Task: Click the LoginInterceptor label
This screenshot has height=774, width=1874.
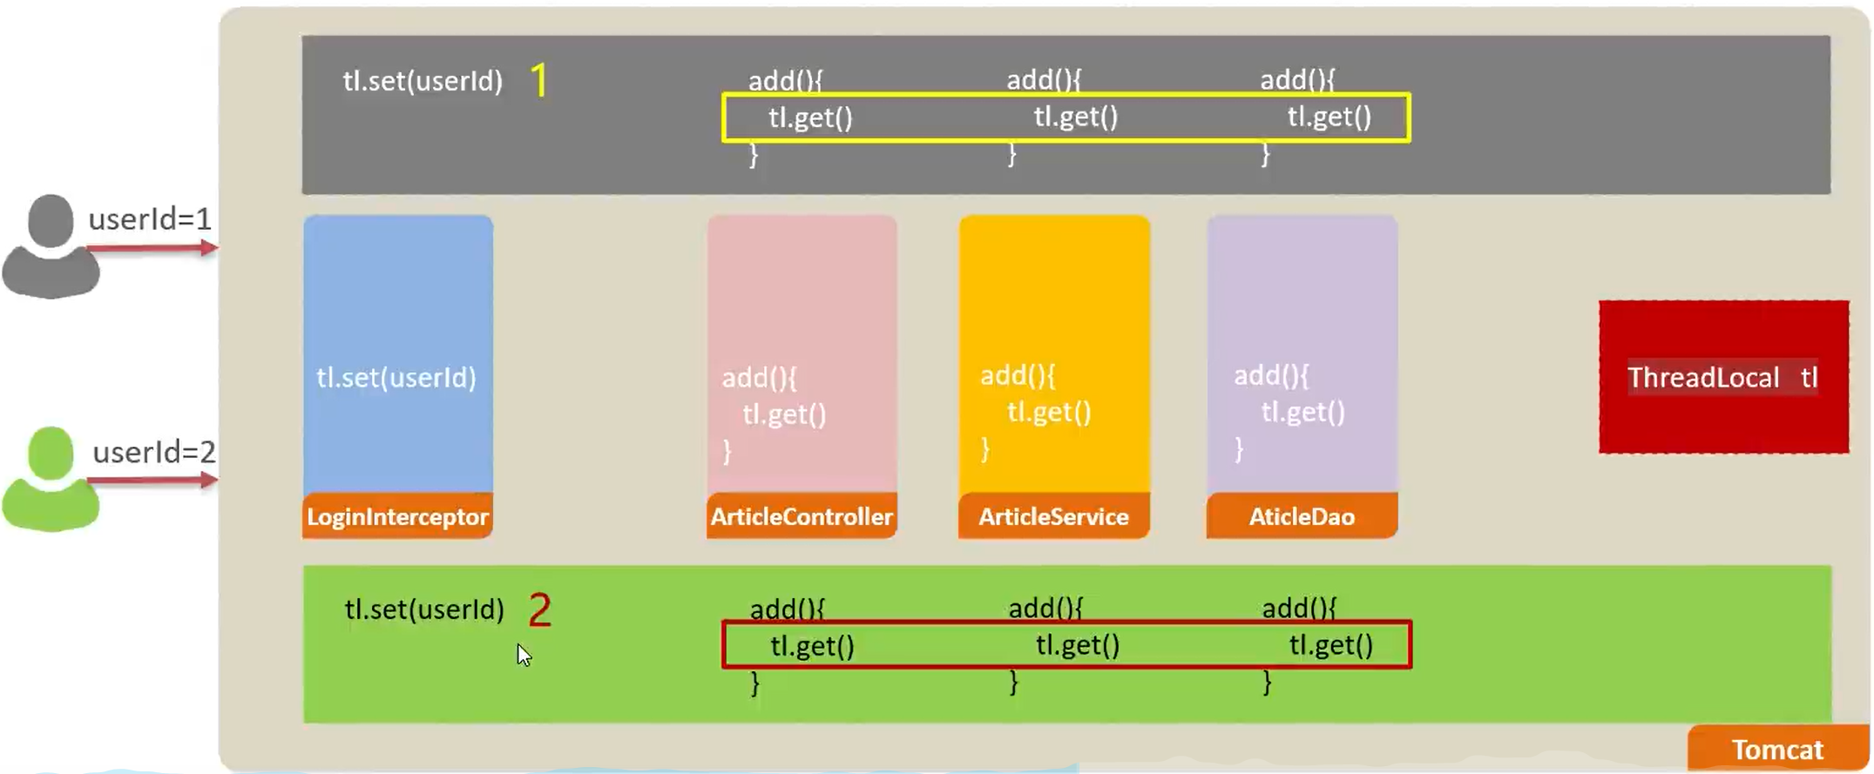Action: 397,516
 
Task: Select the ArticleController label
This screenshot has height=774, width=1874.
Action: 801,516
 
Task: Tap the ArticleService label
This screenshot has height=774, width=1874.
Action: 1053,516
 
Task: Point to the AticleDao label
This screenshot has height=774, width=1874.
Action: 1302,516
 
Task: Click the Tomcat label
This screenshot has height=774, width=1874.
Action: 1776,750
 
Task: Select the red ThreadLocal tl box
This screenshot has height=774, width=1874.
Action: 1722,377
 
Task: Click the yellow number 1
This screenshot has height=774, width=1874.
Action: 539,81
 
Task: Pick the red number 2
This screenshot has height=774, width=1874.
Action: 539,609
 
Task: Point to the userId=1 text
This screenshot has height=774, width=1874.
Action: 150,219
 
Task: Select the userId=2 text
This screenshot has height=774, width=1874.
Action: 153,452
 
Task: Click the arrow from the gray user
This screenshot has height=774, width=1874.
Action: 152,249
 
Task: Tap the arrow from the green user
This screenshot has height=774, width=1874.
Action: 152,481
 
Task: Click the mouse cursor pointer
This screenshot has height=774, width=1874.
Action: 523,655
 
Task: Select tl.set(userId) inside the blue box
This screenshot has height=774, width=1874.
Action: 396,378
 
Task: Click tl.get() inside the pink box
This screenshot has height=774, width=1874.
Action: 784,414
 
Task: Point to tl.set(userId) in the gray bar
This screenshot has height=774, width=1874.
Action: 423,81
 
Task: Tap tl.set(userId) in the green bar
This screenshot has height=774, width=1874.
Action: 424,609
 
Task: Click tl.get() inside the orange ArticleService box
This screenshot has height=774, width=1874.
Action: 1049,412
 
